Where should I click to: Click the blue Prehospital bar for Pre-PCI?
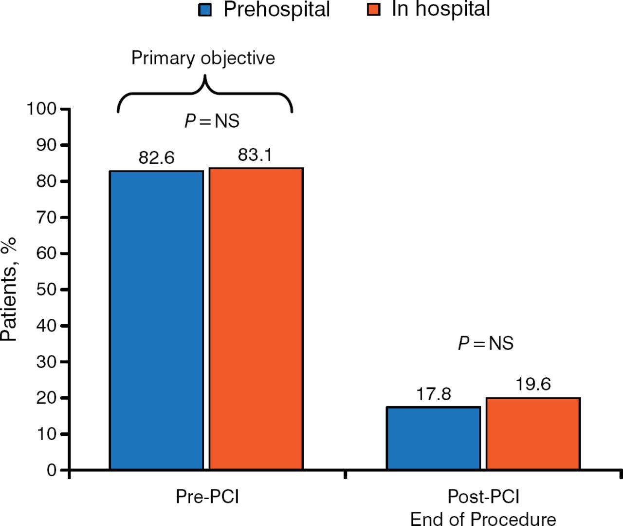pos(156,320)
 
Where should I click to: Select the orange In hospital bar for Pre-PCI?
pos(256,318)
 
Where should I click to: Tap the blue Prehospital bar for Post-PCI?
pos(433,438)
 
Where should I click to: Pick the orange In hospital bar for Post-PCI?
pos(533,433)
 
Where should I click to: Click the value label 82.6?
pos(156,158)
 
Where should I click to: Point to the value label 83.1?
pos(255,155)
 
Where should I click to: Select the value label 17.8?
pos(433,394)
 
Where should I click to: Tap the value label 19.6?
pos(533,384)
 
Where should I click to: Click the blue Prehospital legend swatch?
pos(205,10)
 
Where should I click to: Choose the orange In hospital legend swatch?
pos(373,9)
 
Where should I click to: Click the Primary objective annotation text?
pos(203,58)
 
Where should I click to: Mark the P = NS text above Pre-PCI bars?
pos(212,121)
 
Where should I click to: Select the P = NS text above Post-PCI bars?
pos(485,343)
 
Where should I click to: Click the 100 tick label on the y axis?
pos(41,109)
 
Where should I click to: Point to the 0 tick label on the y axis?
pos(52,470)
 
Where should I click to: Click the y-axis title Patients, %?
pos(9,290)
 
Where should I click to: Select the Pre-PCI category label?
pos(207,497)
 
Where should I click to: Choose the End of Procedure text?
pos(483,519)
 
